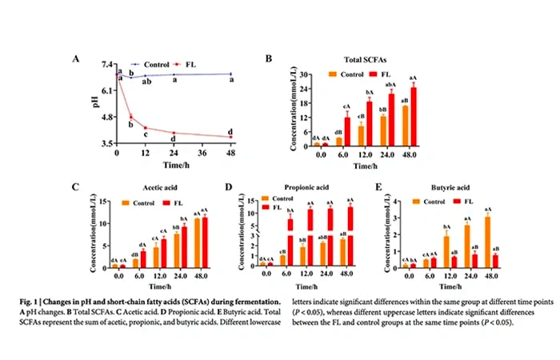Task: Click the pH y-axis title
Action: pyautogui.click(x=95, y=102)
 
